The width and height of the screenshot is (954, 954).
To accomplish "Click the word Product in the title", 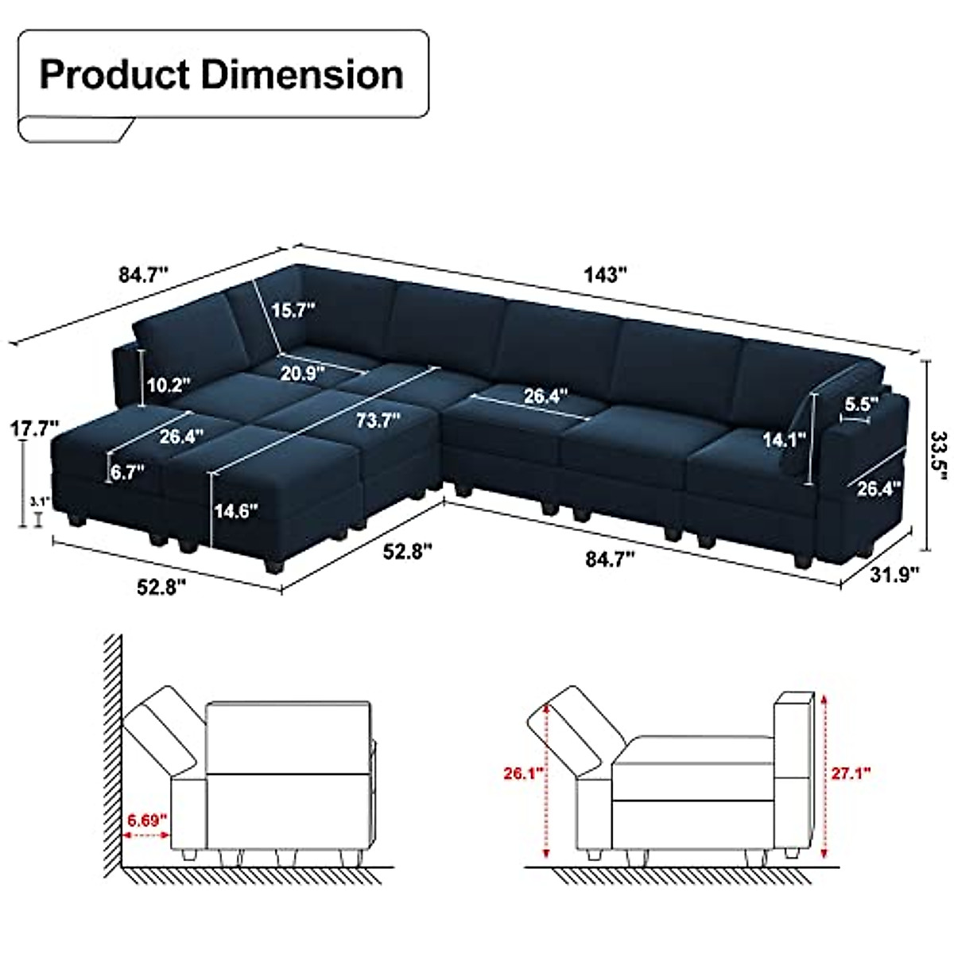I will click(x=114, y=75).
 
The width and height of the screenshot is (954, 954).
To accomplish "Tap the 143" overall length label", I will click(x=606, y=275).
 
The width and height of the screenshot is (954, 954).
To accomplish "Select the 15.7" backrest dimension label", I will click(x=293, y=310).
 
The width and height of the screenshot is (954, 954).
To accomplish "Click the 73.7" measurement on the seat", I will click(x=378, y=419).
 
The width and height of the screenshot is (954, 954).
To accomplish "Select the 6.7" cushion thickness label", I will click(x=128, y=472).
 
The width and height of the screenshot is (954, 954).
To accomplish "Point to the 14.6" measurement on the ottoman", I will click(x=236, y=510).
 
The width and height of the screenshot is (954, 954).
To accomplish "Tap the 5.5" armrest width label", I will click(x=860, y=404).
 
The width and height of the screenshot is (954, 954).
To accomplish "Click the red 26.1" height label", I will click(x=522, y=772).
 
